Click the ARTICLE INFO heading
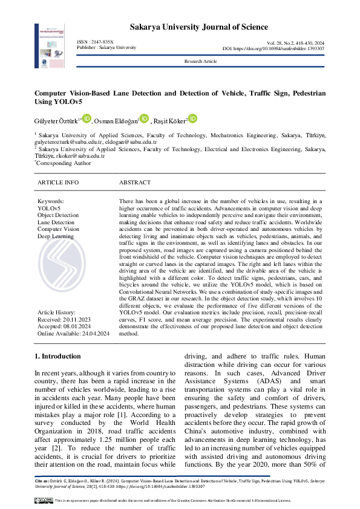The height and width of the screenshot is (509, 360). [58, 182]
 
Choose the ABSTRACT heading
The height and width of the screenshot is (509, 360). [135, 182]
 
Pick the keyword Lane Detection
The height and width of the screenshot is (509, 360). [56, 222]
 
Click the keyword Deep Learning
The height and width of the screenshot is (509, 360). [56, 236]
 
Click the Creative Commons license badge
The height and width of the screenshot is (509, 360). [44, 501]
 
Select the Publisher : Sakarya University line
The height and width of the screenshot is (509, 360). [106, 47]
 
